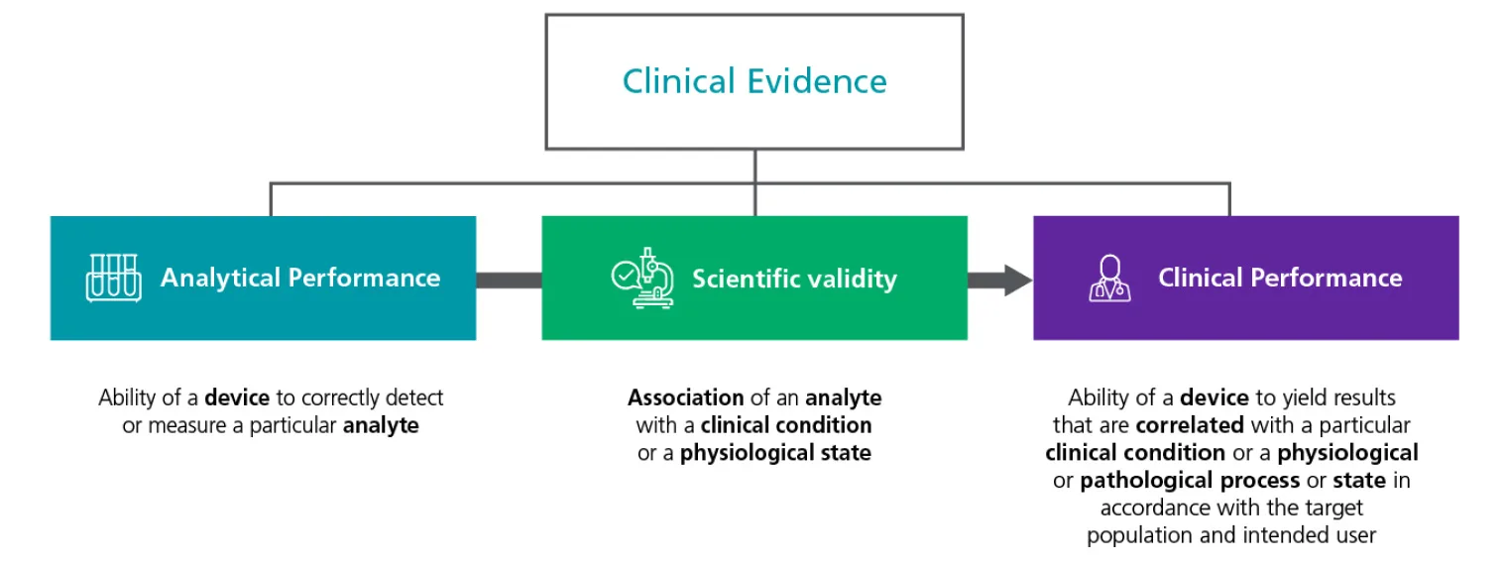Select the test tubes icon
click(x=113, y=278)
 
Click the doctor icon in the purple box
click(x=1108, y=278)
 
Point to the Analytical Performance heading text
click(x=300, y=278)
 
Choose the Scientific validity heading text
click(x=794, y=279)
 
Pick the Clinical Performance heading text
click(x=1280, y=278)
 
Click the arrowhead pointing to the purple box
click(x=1015, y=280)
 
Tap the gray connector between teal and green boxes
click(x=509, y=280)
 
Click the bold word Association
click(x=685, y=397)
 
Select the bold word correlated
click(x=1190, y=425)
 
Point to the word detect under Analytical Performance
click(x=413, y=397)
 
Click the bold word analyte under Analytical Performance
click(x=381, y=426)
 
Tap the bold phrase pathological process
click(x=1190, y=481)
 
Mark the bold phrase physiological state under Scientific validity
click(x=775, y=454)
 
